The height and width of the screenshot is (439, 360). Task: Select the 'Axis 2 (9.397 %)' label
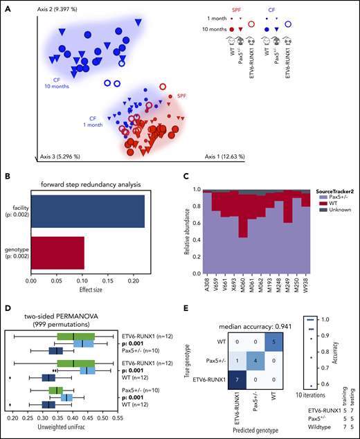[53, 6]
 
